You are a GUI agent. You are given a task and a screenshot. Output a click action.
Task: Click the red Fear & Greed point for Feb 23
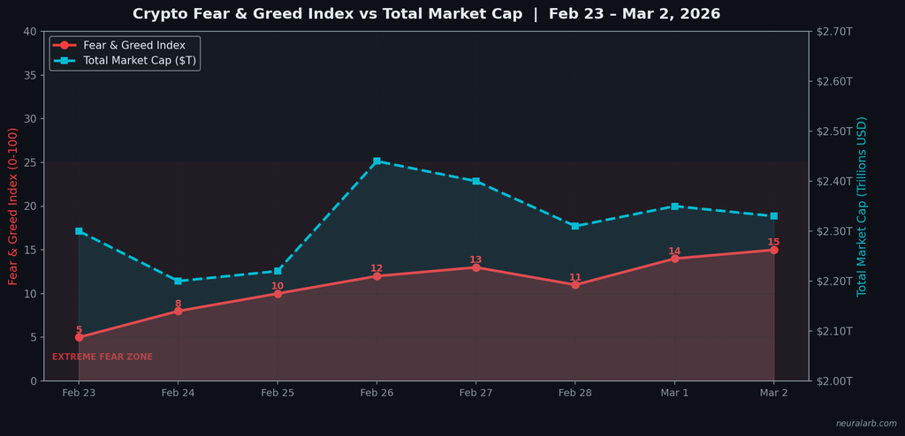pos(79,337)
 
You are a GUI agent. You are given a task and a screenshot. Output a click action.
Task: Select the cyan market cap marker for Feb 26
pos(376,162)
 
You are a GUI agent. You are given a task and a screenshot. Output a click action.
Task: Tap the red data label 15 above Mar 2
pos(773,242)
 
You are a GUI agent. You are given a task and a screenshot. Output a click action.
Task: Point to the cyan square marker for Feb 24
pos(178,282)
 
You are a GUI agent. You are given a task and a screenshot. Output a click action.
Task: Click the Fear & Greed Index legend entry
pos(133,45)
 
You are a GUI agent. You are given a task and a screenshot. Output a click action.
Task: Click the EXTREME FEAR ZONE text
pos(103,357)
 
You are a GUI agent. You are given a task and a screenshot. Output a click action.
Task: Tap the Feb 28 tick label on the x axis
pos(574,393)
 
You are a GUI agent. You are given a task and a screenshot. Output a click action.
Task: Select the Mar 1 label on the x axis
pos(674,393)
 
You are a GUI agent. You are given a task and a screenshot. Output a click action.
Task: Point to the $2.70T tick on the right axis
pos(834,32)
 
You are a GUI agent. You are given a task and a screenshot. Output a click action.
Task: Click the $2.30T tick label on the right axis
pos(834,231)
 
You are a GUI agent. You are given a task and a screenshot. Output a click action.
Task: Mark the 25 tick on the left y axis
pos(30,162)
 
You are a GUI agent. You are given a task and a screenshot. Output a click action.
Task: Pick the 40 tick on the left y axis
pos(30,32)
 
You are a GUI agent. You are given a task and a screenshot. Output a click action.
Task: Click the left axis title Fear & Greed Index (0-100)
pos(13,206)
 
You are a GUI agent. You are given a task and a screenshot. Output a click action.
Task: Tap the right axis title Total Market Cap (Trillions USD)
pos(862,206)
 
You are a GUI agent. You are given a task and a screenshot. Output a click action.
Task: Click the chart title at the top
pos(426,14)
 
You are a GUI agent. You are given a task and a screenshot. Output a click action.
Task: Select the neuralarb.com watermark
pos(866,424)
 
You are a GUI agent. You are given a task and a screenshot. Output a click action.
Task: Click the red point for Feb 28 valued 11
pos(575,285)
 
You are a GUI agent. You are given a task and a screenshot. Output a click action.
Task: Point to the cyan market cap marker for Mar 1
pos(674,207)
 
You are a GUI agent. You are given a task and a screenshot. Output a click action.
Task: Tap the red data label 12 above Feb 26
pos(376,268)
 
